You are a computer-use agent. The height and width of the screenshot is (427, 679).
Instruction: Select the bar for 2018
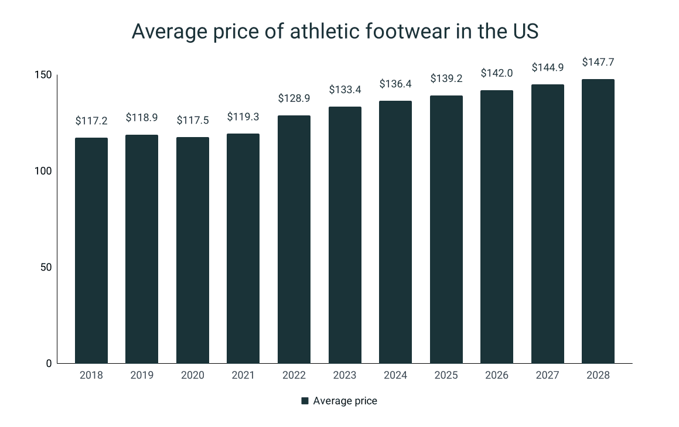(x=91, y=250)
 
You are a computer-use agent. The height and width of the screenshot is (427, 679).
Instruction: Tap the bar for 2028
(x=598, y=221)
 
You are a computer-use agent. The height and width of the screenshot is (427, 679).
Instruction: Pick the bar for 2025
(x=446, y=229)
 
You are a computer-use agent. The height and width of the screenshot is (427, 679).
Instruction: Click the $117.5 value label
(x=193, y=120)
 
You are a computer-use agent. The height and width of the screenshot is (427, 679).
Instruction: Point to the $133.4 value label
(x=344, y=90)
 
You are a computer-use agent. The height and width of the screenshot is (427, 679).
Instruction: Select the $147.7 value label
(x=598, y=62)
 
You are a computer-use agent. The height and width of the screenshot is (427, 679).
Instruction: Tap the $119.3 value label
(x=243, y=117)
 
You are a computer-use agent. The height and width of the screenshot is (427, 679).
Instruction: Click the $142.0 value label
(x=496, y=73)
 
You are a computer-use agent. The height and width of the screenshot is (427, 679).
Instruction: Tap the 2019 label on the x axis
(x=142, y=375)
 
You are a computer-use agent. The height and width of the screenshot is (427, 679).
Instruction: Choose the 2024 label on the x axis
(x=395, y=375)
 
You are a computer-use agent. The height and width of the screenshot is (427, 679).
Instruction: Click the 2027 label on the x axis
(x=547, y=375)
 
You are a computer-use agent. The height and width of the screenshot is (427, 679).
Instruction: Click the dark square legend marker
(x=305, y=401)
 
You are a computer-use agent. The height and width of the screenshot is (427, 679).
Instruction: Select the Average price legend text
(x=345, y=401)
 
